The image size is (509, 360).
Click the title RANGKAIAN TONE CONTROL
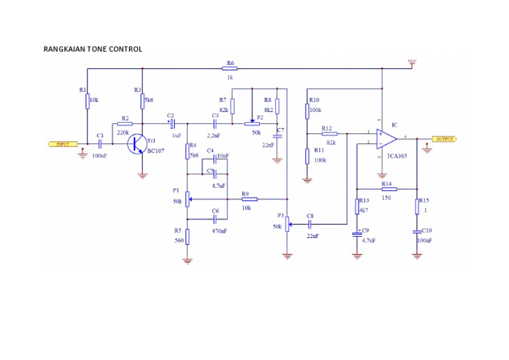[92, 49]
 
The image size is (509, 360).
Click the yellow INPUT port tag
[62, 144]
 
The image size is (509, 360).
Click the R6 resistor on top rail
[230, 68]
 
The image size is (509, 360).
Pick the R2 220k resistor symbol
[124, 123]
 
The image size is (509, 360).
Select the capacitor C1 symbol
[99, 144]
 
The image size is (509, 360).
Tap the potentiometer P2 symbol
[252, 123]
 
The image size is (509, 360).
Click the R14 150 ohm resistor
[388, 189]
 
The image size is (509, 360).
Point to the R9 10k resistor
[247, 199]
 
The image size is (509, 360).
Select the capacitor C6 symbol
[215, 219]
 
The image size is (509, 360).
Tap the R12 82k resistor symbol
[329, 134]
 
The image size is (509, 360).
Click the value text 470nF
[219, 231]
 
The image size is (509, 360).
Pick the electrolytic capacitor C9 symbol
[358, 233]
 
